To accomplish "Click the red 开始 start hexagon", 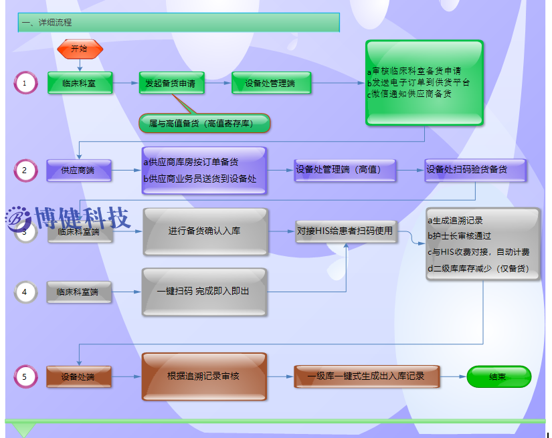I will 80,49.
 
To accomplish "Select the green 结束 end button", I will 498,376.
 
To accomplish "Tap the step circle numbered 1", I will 25,84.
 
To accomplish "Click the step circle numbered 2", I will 25,171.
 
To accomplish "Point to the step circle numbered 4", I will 25,292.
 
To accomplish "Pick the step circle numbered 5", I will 25,376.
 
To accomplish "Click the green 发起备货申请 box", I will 171,84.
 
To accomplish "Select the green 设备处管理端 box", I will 271,84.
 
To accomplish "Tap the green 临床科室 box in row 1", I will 80,84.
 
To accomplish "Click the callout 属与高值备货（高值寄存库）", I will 205,123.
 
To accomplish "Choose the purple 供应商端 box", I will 79,171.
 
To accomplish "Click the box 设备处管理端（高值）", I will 345,171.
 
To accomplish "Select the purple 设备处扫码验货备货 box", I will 475,170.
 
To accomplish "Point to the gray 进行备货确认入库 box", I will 205,231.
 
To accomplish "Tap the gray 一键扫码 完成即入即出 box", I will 205,292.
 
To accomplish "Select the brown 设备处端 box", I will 79,376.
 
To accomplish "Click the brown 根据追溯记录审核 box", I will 205,376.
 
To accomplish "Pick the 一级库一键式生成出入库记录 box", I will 367,376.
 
